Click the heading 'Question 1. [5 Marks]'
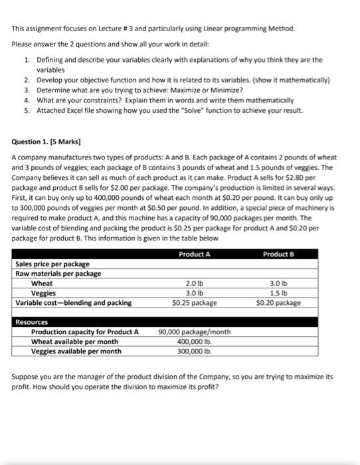[46, 141]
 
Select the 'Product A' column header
[194, 254]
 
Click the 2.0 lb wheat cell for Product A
[194, 283]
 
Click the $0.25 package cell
[194, 303]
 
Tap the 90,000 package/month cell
[195, 332]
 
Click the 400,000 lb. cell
[194, 341]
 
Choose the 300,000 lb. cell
[194, 351]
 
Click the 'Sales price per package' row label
[52, 264]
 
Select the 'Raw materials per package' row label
[58, 274]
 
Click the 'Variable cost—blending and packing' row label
[73, 303]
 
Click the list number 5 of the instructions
[27, 110]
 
